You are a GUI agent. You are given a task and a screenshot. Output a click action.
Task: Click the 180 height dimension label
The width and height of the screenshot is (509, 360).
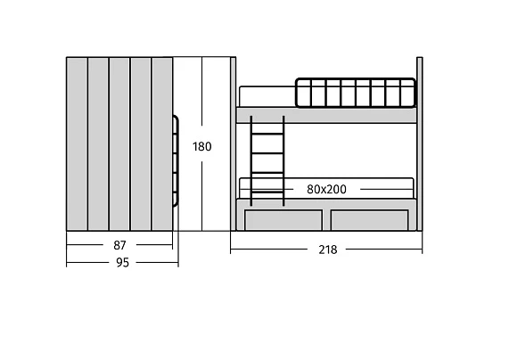(x=202, y=147)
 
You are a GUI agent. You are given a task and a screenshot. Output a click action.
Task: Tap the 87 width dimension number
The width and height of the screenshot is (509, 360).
(x=119, y=245)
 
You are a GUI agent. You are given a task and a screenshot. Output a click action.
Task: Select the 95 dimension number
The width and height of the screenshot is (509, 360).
(x=122, y=262)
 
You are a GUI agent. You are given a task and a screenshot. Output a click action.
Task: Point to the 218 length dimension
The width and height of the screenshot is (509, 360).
(x=327, y=250)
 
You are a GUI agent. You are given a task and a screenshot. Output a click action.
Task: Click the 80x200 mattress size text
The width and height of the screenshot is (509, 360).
(x=326, y=189)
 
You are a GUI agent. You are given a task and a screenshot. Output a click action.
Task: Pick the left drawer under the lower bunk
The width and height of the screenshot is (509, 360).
(x=283, y=220)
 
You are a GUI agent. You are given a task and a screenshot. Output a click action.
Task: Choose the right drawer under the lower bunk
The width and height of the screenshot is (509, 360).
(x=369, y=220)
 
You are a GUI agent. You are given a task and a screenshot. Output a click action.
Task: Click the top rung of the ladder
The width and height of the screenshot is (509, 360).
(x=267, y=134)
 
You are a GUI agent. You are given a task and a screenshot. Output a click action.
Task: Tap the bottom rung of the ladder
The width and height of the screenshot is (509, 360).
(x=267, y=192)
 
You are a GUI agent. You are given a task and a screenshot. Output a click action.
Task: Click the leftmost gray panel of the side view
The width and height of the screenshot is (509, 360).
(x=77, y=143)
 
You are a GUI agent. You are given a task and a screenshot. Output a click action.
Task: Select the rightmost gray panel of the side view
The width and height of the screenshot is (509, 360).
(x=162, y=143)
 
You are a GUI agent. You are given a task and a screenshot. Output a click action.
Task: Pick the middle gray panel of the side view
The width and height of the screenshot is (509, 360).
(x=119, y=143)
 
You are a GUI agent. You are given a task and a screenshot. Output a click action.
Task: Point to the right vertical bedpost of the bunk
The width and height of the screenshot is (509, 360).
(x=419, y=143)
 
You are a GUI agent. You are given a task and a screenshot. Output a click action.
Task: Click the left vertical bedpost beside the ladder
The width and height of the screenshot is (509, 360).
(x=233, y=143)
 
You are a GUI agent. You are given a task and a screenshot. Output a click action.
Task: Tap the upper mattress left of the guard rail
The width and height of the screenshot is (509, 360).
(x=267, y=96)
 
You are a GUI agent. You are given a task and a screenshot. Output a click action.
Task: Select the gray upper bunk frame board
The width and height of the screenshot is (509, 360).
(x=326, y=115)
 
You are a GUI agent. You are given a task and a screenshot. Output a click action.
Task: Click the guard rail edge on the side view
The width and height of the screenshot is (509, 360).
(x=177, y=160)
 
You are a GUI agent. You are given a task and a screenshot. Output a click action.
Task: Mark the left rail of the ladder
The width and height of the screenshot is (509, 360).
(x=250, y=160)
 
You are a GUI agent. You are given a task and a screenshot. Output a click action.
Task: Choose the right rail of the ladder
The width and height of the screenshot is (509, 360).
(x=283, y=160)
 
